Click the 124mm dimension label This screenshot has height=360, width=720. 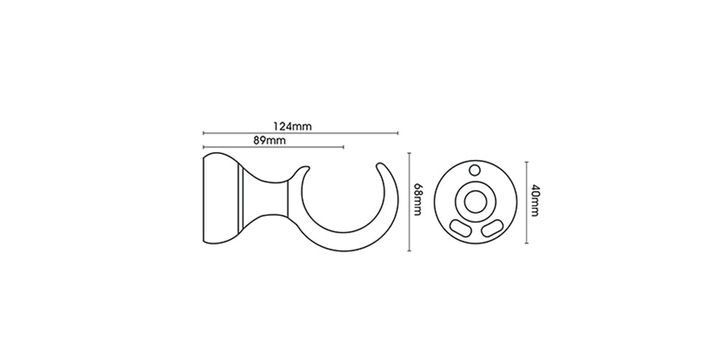click(292, 126)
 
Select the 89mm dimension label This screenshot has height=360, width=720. click(269, 140)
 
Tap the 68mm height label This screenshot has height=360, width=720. click(418, 200)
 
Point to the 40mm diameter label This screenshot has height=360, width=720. click(534, 201)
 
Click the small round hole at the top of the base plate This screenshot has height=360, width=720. click(474, 171)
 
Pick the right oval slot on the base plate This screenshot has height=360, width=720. click(492, 228)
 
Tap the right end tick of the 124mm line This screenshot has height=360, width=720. click(397, 133)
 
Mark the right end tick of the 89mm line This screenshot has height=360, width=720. click(343, 147)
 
